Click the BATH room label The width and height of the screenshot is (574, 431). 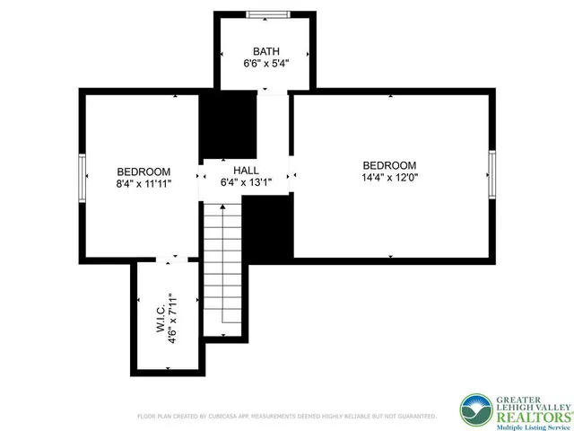coord(265,51)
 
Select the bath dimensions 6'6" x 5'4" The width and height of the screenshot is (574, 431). coord(265,64)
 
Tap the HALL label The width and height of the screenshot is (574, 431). coord(246,170)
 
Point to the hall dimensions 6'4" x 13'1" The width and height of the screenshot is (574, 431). coord(246,182)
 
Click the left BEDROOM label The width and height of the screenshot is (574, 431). coord(143,172)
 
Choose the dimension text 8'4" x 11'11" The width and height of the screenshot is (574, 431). coord(143,183)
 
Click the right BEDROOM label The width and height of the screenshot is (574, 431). coord(389,165)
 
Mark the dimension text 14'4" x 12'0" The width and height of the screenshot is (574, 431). coord(389,178)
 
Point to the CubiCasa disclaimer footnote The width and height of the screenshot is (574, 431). coord(286,417)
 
